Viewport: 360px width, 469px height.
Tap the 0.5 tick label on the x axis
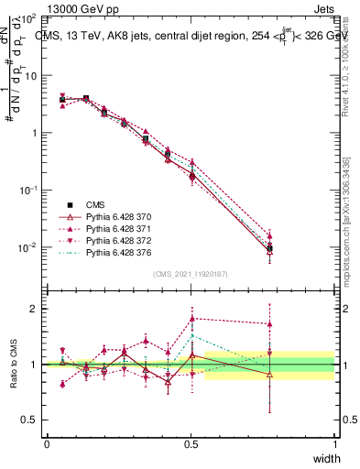(x=191, y=444)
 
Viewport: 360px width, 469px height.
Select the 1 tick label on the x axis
(x=334, y=444)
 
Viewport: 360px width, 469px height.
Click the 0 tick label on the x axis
(x=47, y=444)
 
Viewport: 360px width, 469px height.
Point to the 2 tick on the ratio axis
(x=35, y=309)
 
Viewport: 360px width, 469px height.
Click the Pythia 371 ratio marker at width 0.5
(x=191, y=319)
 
